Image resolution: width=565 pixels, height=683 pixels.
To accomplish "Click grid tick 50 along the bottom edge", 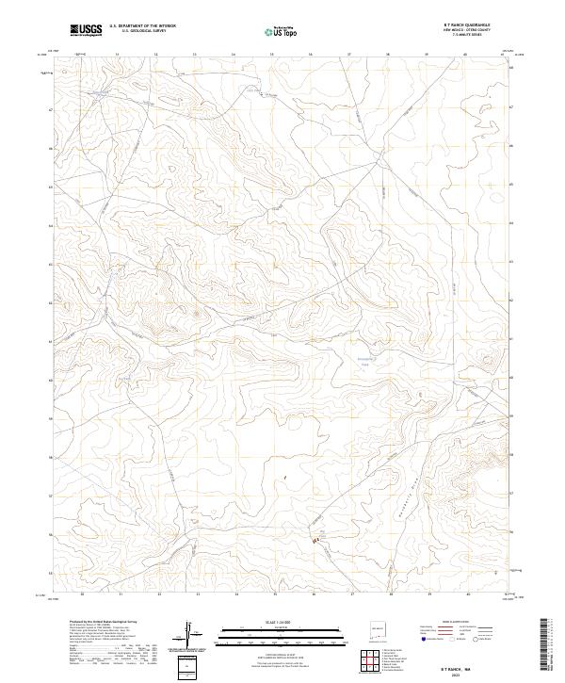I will tap(83, 595).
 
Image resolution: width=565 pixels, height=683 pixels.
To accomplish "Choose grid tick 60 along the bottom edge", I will tap(468, 595).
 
